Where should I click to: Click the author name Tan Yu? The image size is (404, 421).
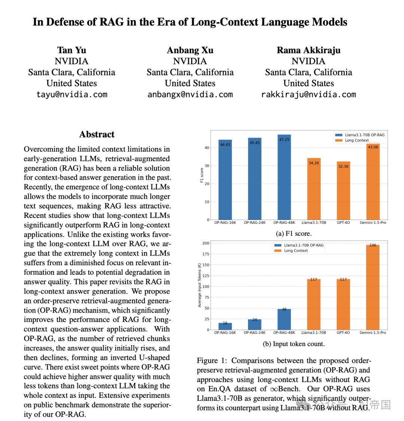tap(71, 50)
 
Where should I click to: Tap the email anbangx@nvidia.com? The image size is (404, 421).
tap(190, 95)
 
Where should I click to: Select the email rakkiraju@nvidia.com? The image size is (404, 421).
tap(309, 95)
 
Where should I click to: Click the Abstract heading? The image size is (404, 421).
tap(97, 134)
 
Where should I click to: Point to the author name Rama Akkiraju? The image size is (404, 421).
tap(309, 50)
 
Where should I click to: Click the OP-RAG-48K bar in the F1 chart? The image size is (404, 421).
tap(284, 177)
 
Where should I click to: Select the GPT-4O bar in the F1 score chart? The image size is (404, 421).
tap(343, 191)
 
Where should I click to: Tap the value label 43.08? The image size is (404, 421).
tap(373, 147)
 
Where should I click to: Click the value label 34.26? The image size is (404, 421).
tap(314, 163)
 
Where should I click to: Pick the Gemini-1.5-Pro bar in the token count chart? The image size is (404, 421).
tap(373, 288)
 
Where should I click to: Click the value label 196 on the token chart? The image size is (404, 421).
tap(373, 245)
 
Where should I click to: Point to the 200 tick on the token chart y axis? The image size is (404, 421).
tap(206, 243)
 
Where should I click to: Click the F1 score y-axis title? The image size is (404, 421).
tap(202, 176)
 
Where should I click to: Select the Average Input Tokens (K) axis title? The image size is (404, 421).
tap(199, 285)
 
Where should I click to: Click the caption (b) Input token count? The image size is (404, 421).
tap(294, 344)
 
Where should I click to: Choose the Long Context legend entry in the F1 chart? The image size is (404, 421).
tap(356, 140)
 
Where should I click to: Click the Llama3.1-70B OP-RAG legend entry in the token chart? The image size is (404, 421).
tap(303, 245)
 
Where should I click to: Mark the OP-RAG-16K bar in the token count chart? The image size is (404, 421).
tap(225, 326)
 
